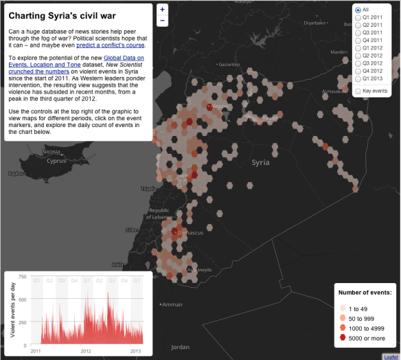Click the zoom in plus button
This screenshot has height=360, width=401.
click(x=162, y=10)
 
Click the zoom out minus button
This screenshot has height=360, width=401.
click(x=162, y=21)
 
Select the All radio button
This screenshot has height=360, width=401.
click(x=358, y=10)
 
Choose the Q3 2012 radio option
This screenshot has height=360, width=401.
click(x=358, y=63)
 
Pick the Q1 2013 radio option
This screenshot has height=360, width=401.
click(x=358, y=78)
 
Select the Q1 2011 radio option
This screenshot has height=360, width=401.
click(x=358, y=18)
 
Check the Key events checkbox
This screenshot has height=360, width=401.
click(x=358, y=91)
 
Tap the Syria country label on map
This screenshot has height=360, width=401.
click(x=261, y=163)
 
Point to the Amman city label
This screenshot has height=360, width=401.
click(x=173, y=304)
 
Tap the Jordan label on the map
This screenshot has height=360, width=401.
click(x=179, y=347)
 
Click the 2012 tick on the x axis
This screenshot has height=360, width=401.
click(x=86, y=350)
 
